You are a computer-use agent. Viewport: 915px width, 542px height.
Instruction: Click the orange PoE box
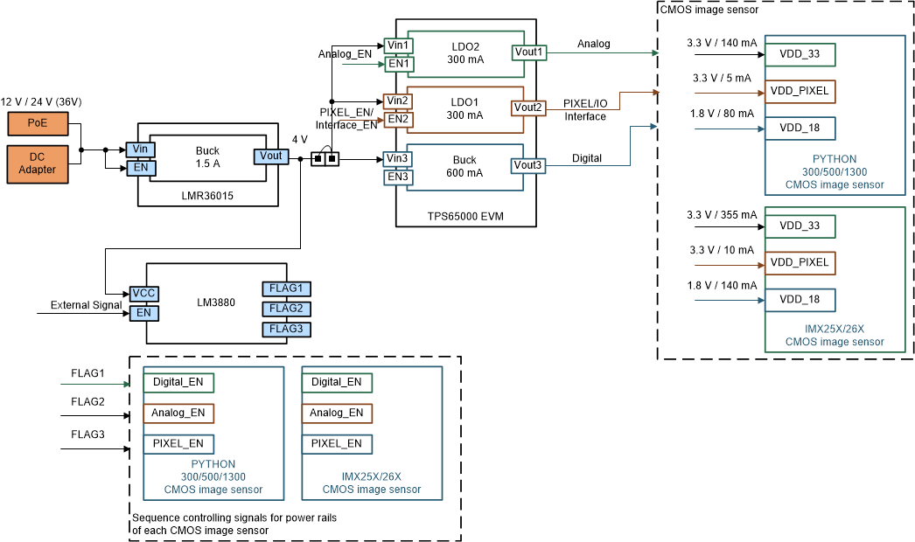37,123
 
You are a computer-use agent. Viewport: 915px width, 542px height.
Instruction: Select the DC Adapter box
37,163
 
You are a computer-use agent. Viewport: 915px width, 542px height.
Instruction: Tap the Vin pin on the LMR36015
140,149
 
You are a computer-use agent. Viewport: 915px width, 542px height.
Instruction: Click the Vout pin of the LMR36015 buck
270,156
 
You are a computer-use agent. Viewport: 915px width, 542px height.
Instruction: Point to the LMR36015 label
208,198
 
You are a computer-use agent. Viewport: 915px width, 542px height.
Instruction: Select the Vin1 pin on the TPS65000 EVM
398,45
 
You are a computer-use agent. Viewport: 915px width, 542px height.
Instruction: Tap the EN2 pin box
398,119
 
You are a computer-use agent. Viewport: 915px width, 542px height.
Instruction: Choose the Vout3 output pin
527,164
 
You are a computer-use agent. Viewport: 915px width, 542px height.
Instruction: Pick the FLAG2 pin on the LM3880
286,309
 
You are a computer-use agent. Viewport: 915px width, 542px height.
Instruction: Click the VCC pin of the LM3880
143,293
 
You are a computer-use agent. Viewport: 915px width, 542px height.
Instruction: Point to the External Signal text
86,306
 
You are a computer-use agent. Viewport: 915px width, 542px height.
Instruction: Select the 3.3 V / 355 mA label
722,214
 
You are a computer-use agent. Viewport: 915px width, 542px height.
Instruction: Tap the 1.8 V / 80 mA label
722,114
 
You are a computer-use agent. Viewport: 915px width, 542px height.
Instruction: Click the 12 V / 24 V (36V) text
41,102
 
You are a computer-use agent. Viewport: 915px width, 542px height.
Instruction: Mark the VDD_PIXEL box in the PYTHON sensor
800,91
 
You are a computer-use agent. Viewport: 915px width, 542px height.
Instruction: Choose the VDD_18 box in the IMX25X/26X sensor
800,300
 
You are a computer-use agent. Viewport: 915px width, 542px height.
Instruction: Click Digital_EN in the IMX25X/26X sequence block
336,382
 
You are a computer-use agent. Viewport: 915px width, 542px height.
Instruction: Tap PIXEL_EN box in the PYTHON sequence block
178,444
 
